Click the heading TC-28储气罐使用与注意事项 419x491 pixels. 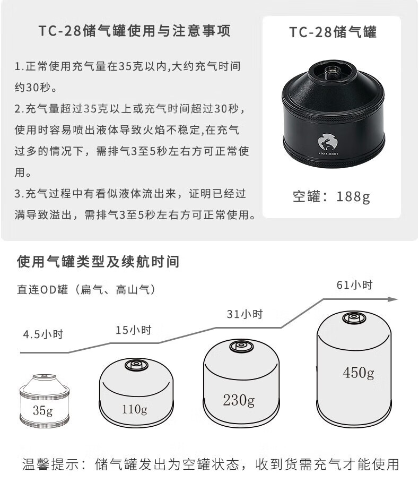pyautogui.click(x=135, y=31)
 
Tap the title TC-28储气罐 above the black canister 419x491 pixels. pyautogui.click(x=333, y=32)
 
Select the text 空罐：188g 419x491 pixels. pyautogui.click(x=331, y=196)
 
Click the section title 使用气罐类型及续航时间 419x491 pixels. pyautogui.click(x=98, y=261)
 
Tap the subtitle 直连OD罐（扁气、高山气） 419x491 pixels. pyautogui.click(x=86, y=289)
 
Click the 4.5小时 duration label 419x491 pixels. pyautogui.click(x=43, y=334)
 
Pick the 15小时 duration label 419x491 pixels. pyautogui.click(x=134, y=330)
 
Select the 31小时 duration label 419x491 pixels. pyautogui.click(x=245, y=314)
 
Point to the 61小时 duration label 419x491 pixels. pyautogui.click(x=354, y=285)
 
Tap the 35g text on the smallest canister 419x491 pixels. pyautogui.click(x=42, y=410)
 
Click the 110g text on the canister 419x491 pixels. pyautogui.click(x=134, y=409)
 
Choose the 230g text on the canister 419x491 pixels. pyautogui.click(x=238, y=400)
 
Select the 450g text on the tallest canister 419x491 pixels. pyautogui.click(x=358, y=373)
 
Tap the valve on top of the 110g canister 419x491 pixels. pyautogui.click(x=135, y=365)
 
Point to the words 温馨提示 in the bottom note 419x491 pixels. pyautogui.click(x=52, y=465)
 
